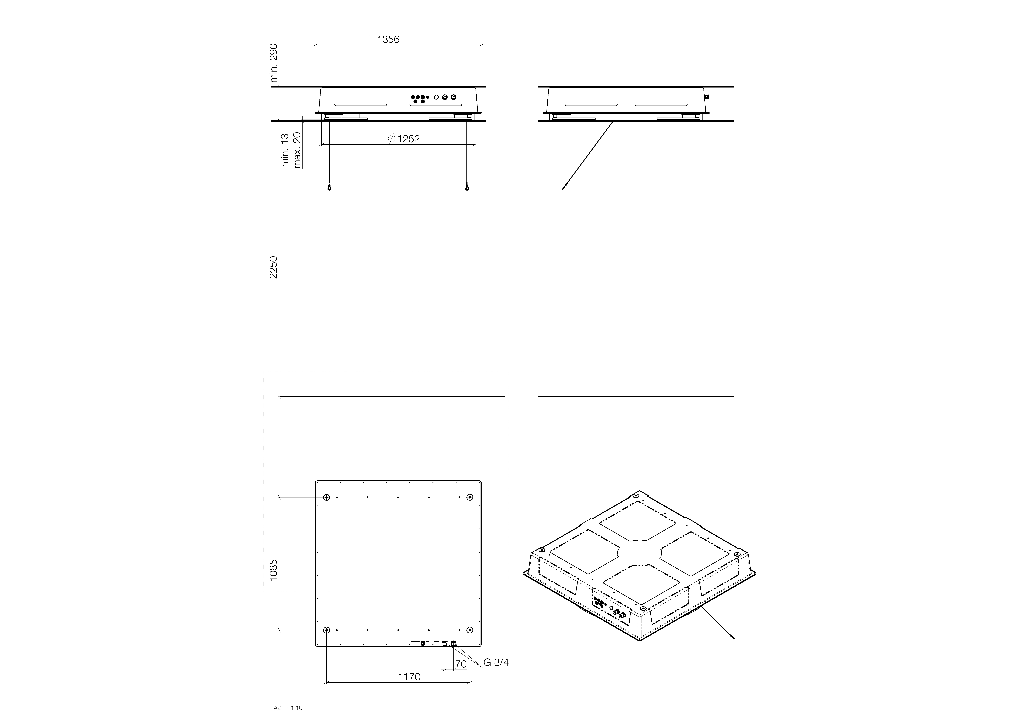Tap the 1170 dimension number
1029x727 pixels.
(x=409, y=677)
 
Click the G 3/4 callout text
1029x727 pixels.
(x=496, y=663)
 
